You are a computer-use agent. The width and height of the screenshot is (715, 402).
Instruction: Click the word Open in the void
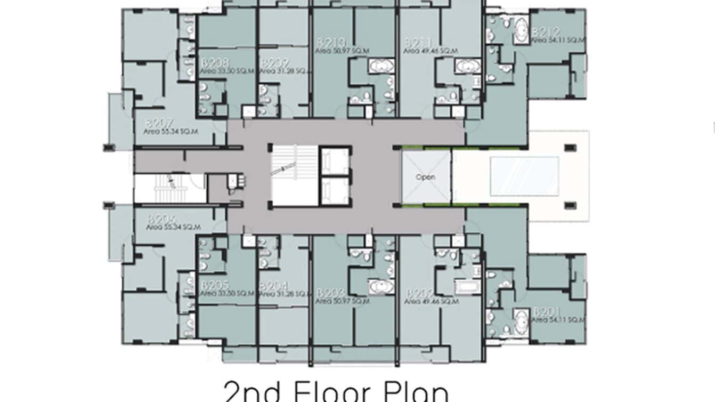click(425, 177)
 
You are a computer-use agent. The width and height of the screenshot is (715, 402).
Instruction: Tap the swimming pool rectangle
click(524, 176)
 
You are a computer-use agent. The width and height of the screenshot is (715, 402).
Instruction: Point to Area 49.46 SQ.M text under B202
click(431, 302)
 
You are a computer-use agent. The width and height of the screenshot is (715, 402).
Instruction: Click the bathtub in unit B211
click(467, 66)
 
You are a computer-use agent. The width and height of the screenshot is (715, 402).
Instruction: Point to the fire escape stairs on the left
click(169, 188)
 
